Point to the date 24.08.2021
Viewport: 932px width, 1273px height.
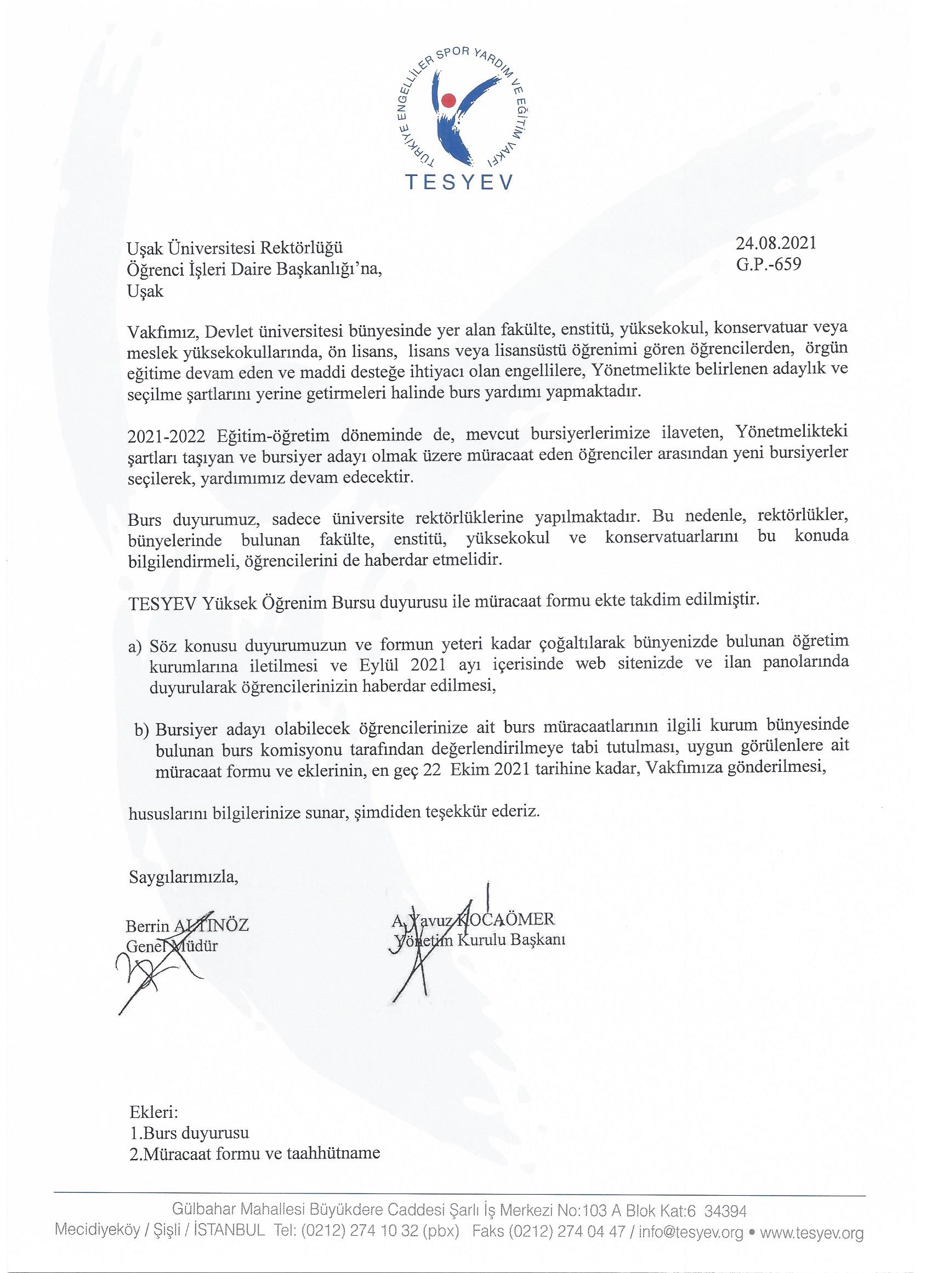pyautogui.click(x=776, y=244)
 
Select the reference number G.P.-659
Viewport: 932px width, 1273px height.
pyautogui.click(x=769, y=264)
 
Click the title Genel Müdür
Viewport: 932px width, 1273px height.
pyautogui.click(x=172, y=946)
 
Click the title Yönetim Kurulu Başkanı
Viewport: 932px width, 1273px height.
pyautogui.click(x=480, y=939)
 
